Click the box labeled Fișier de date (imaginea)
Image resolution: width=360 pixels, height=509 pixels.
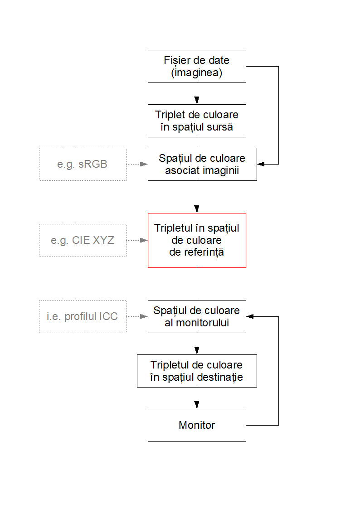click(197, 66)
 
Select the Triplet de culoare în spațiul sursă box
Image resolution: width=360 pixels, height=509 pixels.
click(197, 121)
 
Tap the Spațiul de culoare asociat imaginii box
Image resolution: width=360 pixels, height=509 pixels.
click(202, 164)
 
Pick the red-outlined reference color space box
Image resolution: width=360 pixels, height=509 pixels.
click(197, 240)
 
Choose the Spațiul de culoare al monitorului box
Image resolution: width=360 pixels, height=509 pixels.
click(197, 316)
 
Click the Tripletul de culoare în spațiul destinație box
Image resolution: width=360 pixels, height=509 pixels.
click(197, 371)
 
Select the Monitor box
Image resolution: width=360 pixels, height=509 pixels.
click(197, 425)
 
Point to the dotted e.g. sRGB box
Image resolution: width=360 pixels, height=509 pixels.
click(83, 164)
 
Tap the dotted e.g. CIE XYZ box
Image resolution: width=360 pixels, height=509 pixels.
click(83, 240)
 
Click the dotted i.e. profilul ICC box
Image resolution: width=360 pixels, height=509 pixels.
click(83, 316)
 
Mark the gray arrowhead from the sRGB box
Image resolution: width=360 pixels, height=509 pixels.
click(145, 164)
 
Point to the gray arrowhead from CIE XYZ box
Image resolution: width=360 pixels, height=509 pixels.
click(145, 240)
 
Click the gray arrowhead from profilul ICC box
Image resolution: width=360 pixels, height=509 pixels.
click(145, 316)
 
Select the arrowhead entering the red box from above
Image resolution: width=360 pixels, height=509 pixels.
click(197, 210)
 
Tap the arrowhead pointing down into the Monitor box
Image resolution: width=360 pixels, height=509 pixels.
click(197, 406)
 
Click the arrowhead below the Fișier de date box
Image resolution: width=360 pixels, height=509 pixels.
click(197, 101)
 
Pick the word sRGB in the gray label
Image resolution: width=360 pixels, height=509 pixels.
click(93, 164)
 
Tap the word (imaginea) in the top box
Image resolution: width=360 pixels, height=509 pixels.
click(197, 73)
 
